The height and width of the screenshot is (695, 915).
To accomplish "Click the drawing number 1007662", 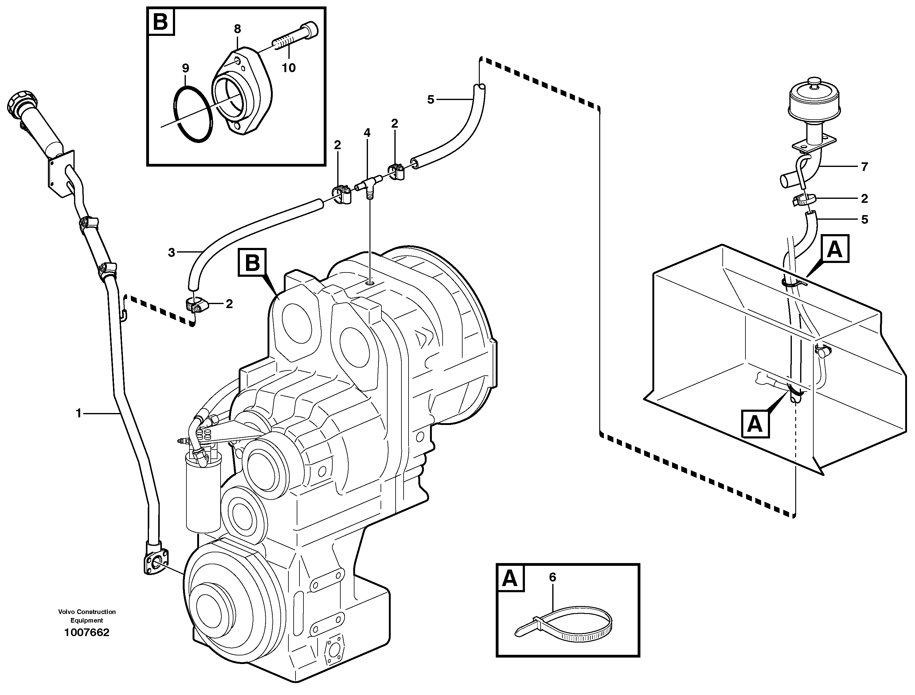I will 87,632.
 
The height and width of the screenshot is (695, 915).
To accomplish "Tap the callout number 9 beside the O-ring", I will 185,68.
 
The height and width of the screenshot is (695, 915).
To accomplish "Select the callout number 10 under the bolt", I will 289,68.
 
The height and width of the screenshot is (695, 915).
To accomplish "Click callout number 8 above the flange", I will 237,29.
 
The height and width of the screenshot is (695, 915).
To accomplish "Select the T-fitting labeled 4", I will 369,184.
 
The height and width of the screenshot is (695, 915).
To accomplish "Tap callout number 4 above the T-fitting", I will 367,133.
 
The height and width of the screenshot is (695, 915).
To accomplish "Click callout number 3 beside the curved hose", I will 171,252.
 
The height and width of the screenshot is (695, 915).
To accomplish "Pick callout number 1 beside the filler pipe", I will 79,413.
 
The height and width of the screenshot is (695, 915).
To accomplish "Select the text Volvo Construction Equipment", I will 87,616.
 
